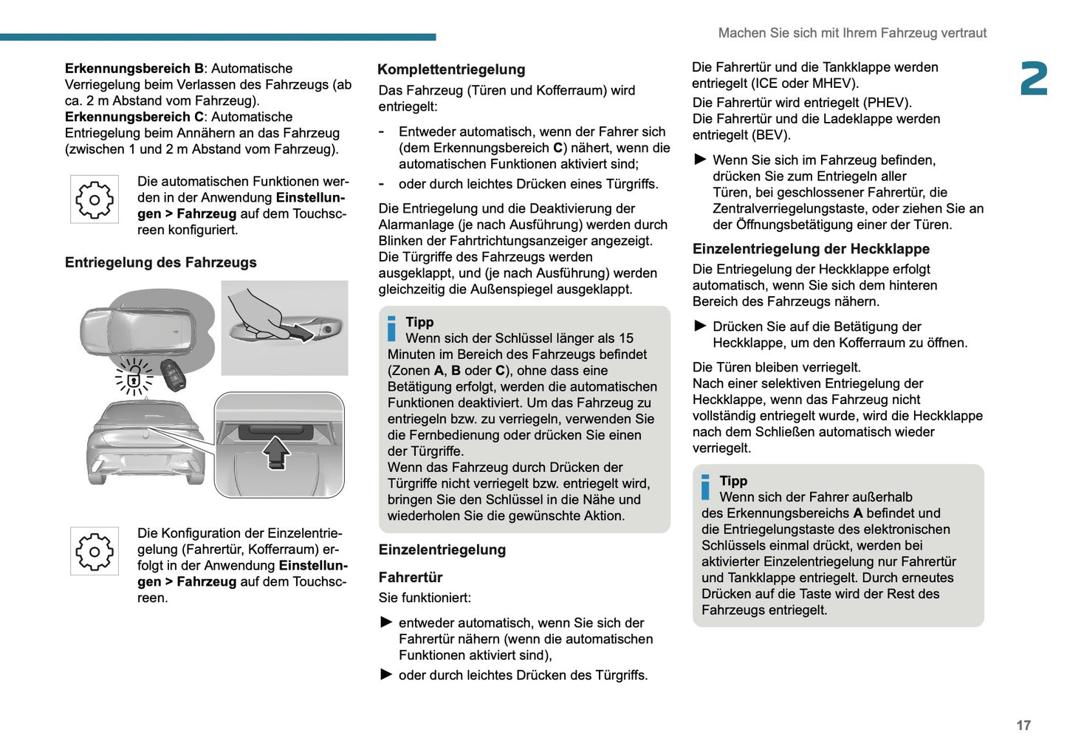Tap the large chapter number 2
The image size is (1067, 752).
(1034, 78)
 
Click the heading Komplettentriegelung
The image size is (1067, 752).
(451, 69)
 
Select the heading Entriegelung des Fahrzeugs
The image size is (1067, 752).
(160, 262)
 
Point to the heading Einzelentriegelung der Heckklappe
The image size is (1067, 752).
(811, 249)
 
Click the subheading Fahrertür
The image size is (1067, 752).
(410, 578)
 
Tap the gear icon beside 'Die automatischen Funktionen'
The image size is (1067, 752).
(95, 199)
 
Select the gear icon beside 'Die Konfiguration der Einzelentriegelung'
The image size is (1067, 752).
(95, 551)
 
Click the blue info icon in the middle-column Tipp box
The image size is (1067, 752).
(391, 328)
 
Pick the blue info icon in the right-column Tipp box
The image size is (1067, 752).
(705, 487)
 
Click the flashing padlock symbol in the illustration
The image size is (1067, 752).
(134, 377)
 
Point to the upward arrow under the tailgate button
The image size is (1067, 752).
(277, 454)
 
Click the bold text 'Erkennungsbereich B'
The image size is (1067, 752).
(134, 69)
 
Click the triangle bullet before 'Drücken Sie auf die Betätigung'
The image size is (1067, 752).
(700, 326)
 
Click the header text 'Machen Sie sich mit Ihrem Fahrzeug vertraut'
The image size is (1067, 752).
(853, 33)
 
